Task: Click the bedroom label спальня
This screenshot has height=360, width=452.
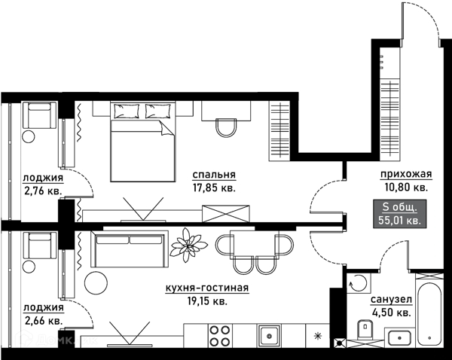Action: pyautogui.click(x=214, y=175)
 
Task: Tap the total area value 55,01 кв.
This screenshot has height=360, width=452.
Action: pyautogui.click(x=399, y=221)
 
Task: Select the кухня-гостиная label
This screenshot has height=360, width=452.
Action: pyautogui.click(x=207, y=288)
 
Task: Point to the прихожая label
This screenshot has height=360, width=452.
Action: pyautogui.click(x=406, y=174)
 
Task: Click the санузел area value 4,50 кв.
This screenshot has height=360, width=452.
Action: pyautogui.click(x=391, y=313)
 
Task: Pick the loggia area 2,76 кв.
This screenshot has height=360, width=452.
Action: pyautogui.click(x=43, y=191)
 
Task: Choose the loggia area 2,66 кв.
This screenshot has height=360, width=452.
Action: pyautogui.click(x=44, y=321)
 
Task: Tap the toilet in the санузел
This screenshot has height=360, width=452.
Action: pyautogui.click(x=365, y=329)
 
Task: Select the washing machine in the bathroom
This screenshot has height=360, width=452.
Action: pyautogui.click(x=359, y=282)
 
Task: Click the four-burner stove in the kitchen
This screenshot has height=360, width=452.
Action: pyautogui.click(x=220, y=335)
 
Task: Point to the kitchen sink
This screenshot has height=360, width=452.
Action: pyautogui.click(x=269, y=336)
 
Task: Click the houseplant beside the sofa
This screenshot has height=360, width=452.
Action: pyautogui.click(x=188, y=245)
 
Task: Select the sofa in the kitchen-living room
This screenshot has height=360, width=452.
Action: pyautogui.click(x=129, y=249)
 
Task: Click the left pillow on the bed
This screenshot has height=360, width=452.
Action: pyautogui.click(x=127, y=111)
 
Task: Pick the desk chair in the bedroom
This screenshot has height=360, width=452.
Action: pyautogui.click(x=227, y=128)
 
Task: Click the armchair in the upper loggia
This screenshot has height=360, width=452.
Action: pyautogui.click(x=39, y=115)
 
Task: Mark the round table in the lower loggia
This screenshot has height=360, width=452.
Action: pyautogui.click(x=29, y=266)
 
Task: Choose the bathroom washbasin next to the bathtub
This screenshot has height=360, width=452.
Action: pyautogui.click(x=399, y=338)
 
